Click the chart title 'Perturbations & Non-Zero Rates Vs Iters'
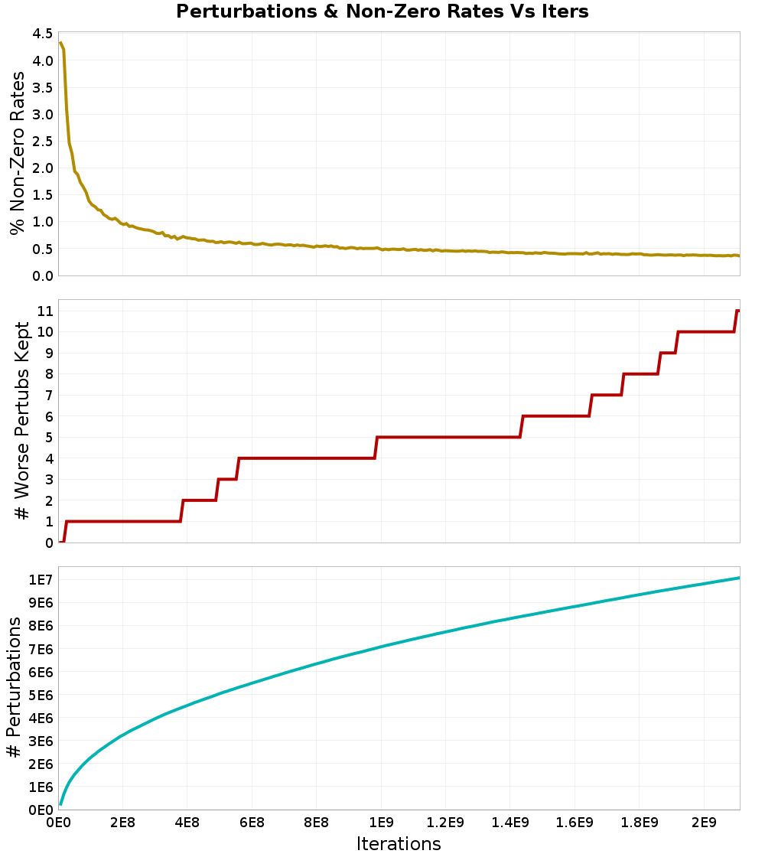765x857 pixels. [x=382, y=11]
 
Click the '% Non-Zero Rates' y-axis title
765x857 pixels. [x=17, y=153]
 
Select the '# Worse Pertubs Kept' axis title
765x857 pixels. [x=23, y=421]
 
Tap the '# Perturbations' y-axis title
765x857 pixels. [x=14, y=687]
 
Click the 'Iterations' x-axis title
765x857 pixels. [x=399, y=843]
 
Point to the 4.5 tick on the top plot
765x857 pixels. [x=43, y=34]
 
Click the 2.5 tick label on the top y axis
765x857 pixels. [x=43, y=142]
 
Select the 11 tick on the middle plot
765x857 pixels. [x=44, y=311]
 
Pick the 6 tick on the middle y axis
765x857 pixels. [x=48, y=416]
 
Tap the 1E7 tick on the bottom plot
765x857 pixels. [x=41, y=580]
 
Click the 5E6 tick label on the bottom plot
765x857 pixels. [x=41, y=695]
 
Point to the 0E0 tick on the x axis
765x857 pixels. [x=59, y=823]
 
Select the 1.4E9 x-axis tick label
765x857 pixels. [x=510, y=823]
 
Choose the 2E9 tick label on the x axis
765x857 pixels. [x=704, y=823]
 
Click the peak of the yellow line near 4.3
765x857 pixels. [x=60, y=43]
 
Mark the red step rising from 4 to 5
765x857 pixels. [x=376, y=448]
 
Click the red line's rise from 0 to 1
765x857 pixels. [x=65, y=532]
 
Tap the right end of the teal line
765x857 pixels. [x=739, y=578]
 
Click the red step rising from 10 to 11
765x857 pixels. [x=736, y=321]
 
